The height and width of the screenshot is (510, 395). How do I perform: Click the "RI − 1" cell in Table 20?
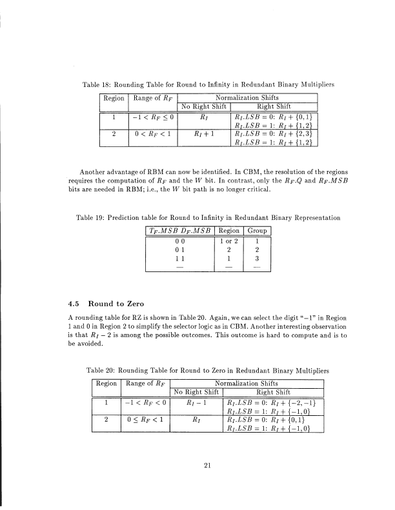point(195,404)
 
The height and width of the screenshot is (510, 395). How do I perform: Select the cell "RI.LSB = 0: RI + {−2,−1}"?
point(274,404)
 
